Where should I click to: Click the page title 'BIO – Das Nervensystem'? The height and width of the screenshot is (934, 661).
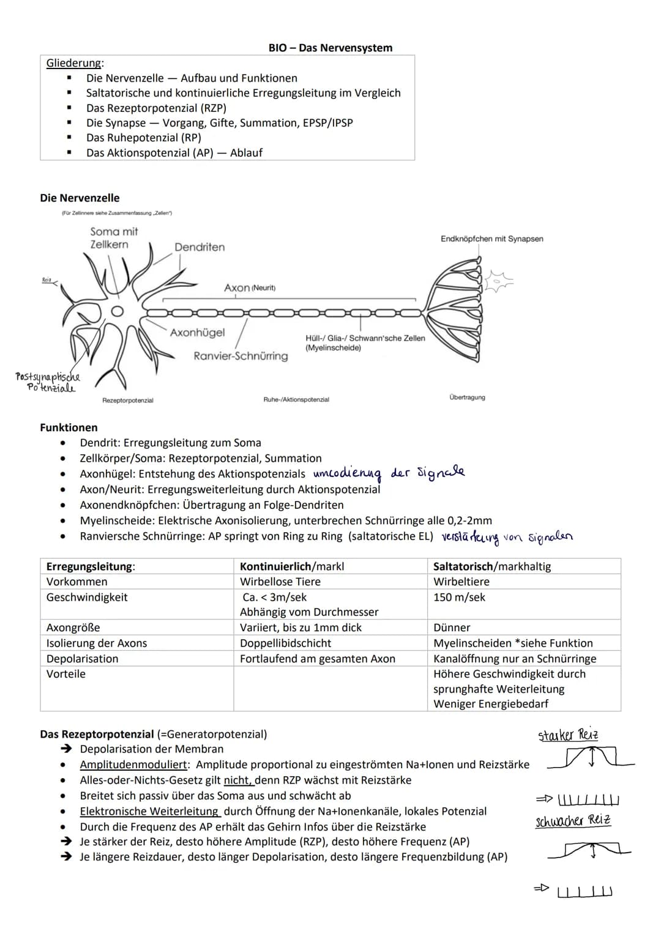(x=330, y=48)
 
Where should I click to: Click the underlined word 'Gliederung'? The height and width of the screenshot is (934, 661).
(x=75, y=63)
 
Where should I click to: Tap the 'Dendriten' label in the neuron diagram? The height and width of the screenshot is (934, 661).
(x=200, y=247)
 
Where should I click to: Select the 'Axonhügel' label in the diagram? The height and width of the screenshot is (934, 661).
(x=197, y=333)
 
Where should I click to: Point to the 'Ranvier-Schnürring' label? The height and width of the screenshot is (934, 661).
(x=241, y=356)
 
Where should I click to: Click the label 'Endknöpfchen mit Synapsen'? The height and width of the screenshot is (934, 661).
(x=491, y=239)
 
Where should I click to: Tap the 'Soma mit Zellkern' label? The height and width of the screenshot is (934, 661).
(x=113, y=238)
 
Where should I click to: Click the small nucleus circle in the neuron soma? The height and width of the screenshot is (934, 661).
(x=117, y=311)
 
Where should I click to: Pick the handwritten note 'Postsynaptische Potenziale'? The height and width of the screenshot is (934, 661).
(x=48, y=382)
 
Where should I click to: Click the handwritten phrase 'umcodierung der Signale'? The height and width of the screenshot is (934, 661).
(x=388, y=473)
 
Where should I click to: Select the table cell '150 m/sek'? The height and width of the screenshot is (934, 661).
(x=459, y=597)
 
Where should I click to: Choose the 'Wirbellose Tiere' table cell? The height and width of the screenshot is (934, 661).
(x=280, y=582)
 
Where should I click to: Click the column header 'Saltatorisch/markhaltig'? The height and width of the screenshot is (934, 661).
(x=492, y=566)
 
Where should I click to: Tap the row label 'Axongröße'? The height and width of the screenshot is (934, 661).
(x=73, y=628)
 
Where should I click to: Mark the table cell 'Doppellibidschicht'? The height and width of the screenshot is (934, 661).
(x=285, y=643)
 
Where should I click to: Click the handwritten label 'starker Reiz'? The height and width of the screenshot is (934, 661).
(x=568, y=735)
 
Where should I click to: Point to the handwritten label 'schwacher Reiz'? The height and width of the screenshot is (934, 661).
(x=573, y=821)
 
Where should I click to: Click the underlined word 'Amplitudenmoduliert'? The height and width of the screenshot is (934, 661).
(x=133, y=765)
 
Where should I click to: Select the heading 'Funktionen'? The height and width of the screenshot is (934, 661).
(x=69, y=428)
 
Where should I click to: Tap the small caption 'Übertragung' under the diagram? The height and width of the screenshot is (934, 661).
(x=467, y=398)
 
